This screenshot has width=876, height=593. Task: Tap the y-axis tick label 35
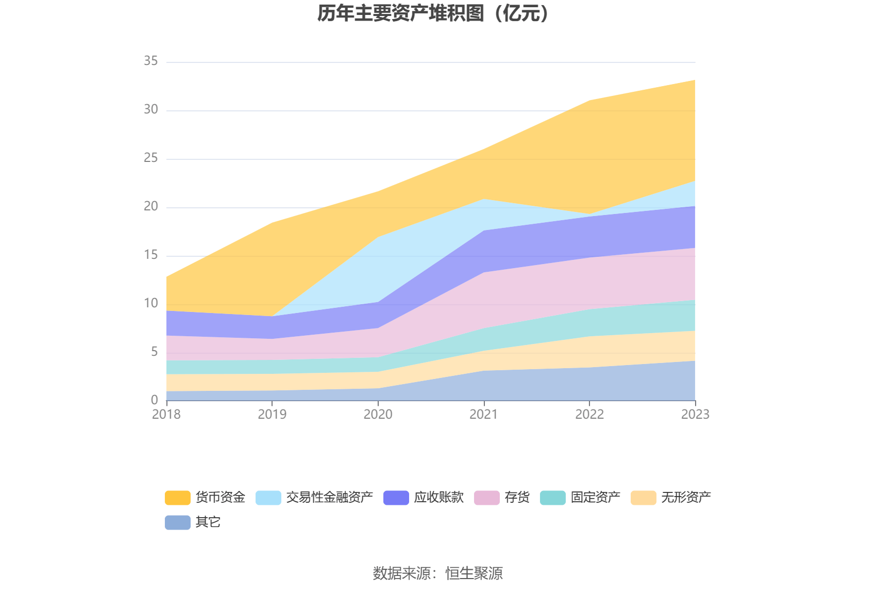click(x=151, y=61)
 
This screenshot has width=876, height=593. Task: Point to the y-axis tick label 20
click(x=151, y=207)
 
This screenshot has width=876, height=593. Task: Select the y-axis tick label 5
click(x=155, y=352)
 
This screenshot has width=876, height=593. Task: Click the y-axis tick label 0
click(x=155, y=400)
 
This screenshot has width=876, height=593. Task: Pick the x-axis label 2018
click(x=166, y=415)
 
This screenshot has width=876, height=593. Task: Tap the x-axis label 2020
click(x=378, y=415)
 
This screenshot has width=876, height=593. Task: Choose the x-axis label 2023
click(x=695, y=415)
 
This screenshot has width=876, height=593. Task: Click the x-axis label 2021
click(x=483, y=415)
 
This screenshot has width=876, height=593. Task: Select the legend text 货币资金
click(x=220, y=498)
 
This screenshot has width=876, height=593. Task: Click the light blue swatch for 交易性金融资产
click(x=268, y=498)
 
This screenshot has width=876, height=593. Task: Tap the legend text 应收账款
click(x=439, y=498)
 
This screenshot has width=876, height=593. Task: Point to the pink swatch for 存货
click(x=486, y=498)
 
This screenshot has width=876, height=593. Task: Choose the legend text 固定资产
click(x=595, y=498)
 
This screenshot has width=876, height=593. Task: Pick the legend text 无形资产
click(x=686, y=498)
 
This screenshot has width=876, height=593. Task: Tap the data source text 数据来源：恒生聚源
click(x=437, y=573)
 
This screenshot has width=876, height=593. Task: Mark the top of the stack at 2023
click(x=695, y=80)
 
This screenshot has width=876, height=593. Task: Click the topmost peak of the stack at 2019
click(x=272, y=223)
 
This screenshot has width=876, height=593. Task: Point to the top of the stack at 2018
click(x=167, y=277)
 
